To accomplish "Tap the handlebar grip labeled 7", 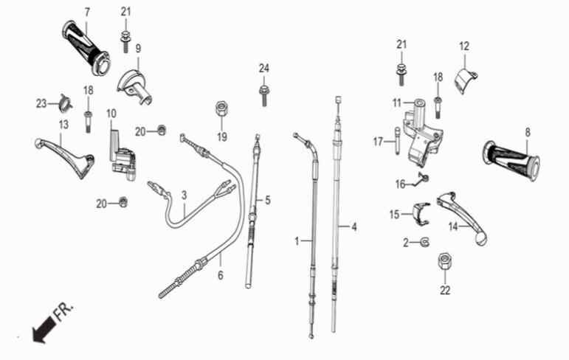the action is (86, 47).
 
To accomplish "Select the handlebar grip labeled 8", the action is (511, 159).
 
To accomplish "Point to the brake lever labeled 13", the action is (66, 157).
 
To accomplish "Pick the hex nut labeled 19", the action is (221, 109).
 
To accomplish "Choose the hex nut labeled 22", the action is (445, 261).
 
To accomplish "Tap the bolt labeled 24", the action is (263, 95).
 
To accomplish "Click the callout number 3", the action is (185, 195).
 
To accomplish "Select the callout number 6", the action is (221, 275).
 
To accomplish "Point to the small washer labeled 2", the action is (424, 243).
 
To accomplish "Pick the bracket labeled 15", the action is (421, 214).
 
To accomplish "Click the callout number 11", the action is (397, 103).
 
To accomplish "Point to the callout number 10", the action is (111, 114).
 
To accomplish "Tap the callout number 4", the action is (354, 227).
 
